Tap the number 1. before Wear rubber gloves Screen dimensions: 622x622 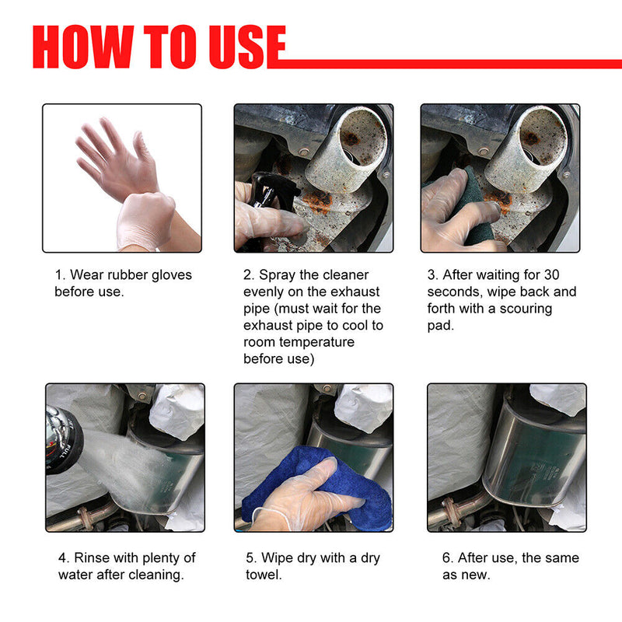[60, 274]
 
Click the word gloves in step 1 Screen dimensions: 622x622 [169, 274]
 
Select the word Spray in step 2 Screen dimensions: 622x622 [279, 274]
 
